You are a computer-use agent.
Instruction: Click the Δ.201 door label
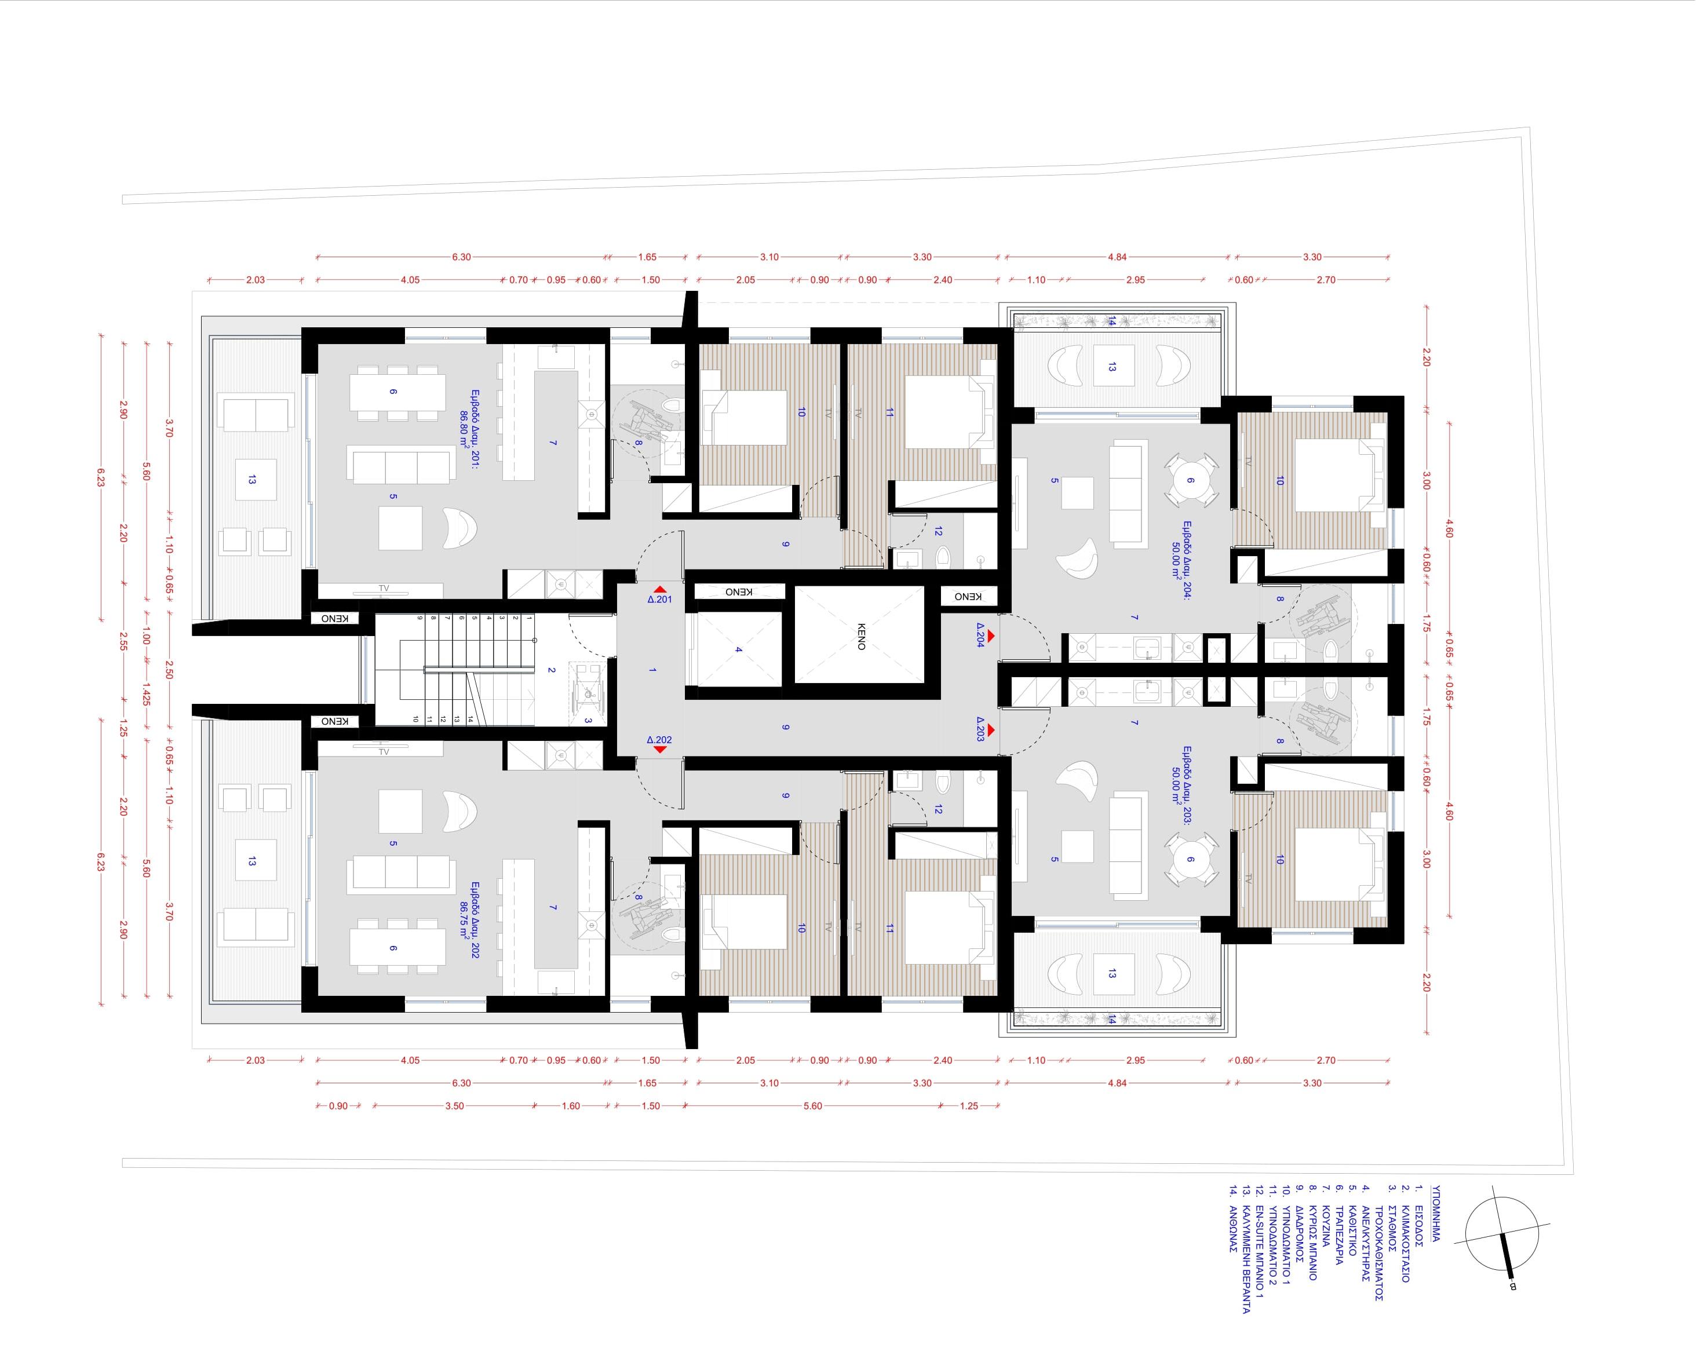click(x=659, y=599)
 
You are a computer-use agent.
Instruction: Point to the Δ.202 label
click(x=659, y=740)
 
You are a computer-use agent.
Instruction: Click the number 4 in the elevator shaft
click(x=738, y=649)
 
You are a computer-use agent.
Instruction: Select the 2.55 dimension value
click(x=123, y=642)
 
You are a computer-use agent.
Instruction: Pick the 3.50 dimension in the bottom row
click(x=455, y=1106)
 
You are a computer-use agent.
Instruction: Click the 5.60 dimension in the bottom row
click(x=812, y=1106)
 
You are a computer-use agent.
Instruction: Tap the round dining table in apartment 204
click(x=1190, y=480)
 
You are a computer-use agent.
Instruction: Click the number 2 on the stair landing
click(x=552, y=671)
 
